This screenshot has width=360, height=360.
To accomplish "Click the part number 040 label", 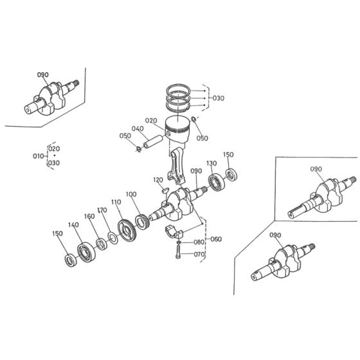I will (137, 129).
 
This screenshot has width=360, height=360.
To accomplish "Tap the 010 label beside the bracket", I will (38, 156).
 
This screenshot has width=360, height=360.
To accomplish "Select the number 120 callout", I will (158, 180).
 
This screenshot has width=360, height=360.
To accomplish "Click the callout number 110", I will (116, 202).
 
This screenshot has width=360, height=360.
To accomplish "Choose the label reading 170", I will (101, 210).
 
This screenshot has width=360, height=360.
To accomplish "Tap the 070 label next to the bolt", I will (199, 254).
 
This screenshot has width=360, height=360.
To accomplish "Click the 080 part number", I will (199, 242).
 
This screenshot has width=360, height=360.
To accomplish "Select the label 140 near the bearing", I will (73, 224).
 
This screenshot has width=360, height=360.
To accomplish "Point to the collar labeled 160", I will (101, 244).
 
